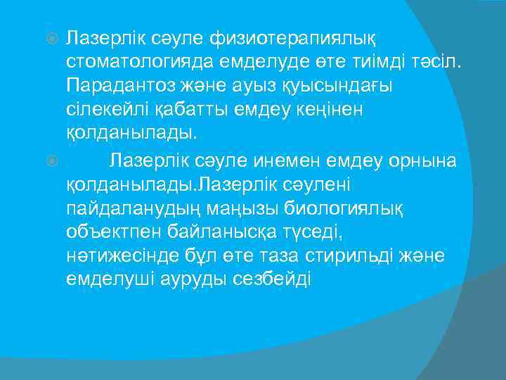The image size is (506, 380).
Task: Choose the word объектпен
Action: pos(109,233)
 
